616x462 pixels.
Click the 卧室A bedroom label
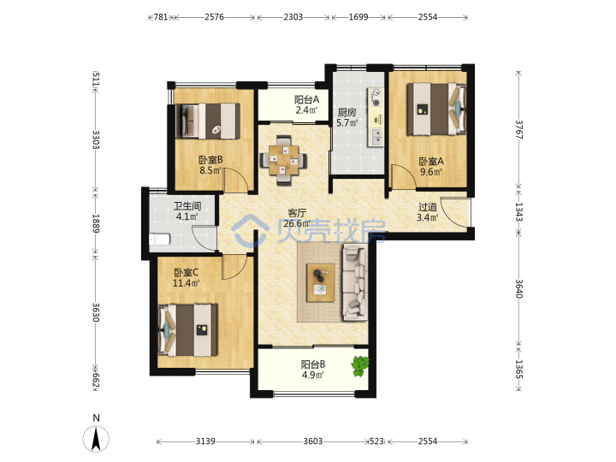tap(431, 162)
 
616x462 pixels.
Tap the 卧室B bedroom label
tap(210, 160)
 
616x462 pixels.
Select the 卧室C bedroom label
tap(186, 272)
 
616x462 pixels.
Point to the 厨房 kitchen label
tap(346, 112)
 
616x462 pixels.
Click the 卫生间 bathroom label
tap(187, 206)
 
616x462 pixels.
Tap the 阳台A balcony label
tap(307, 100)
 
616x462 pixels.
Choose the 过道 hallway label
tap(428, 207)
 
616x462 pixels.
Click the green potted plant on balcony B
tap(360, 366)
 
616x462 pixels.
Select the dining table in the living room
tap(283, 160)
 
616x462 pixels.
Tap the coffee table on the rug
tap(321, 283)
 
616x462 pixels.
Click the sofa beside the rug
tap(355, 282)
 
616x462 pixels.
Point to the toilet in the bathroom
tap(159, 240)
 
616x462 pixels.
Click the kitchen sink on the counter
tap(376, 136)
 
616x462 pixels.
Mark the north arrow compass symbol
tap(96, 438)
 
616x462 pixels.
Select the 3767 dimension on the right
tap(519, 129)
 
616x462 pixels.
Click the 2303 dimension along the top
tap(293, 17)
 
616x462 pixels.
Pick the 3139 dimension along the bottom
tap(205, 441)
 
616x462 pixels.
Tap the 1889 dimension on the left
tap(96, 223)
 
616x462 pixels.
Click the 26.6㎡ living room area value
tap(297, 223)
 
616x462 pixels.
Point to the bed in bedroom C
tap(187, 330)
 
